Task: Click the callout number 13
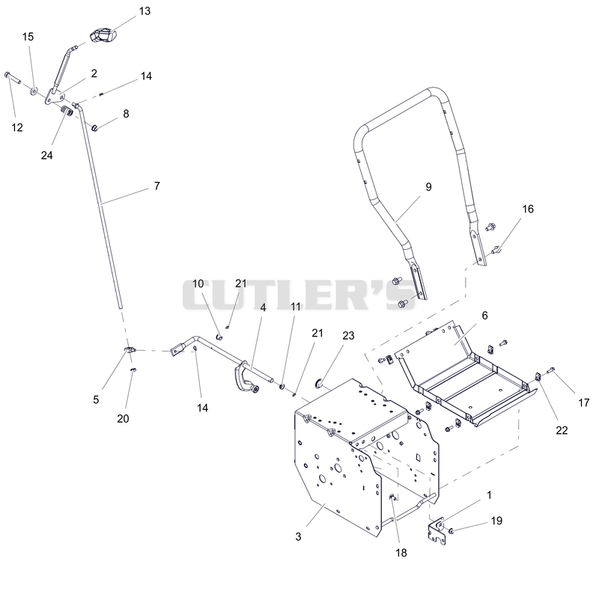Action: click(x=145, y=11)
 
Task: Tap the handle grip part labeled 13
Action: click(x=103, y=35)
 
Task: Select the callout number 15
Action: click(x=28, y=37)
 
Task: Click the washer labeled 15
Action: click(x=34, y=91)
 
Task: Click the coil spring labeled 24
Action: click(x=68, y=111)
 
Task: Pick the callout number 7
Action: click(x=156, y=186)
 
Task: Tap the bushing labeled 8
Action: click(x=94, y=127)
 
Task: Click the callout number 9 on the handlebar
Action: click(x=428, y=187)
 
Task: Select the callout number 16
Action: click(x=528, y=209)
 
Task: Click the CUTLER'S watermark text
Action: click(x=299, y=295)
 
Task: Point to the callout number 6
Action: click(x=484, y=316)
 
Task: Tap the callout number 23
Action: click(x=348, y=336)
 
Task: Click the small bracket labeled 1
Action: click(x=437, y=530)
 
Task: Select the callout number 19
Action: click(x=496, y=521)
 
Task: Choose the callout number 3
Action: click(x=298, y=537)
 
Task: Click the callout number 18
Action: click(x=401, y=553)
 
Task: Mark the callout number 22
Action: click(x=562, y=431)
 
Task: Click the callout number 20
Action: click(x=123, y=419)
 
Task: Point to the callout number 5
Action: click(x=96, y=399)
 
